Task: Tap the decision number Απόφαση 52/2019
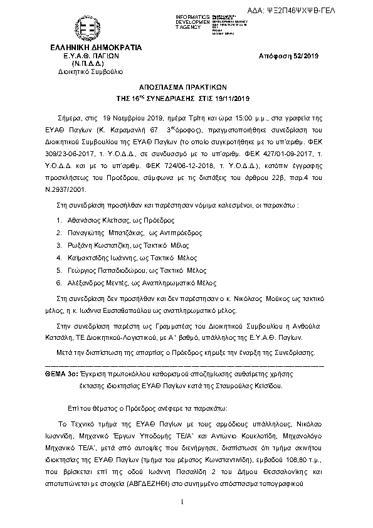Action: (x=289, y=56)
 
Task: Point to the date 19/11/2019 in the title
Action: (x=233, y=98)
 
